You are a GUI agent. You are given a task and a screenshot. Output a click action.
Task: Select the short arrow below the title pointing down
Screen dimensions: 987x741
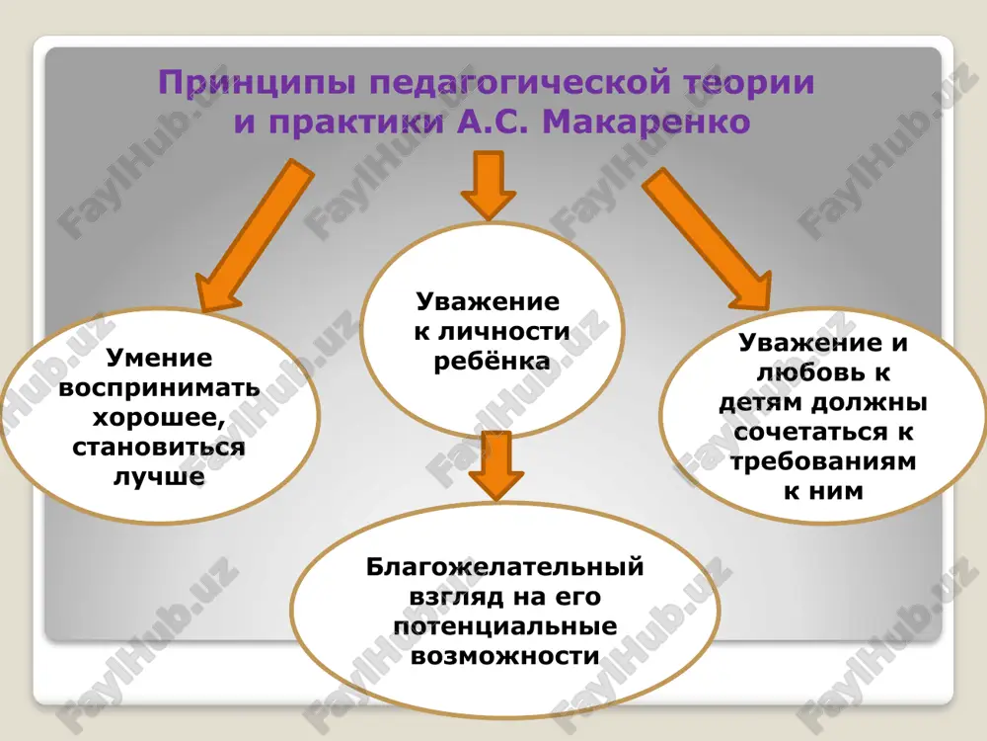(x=489, y=186)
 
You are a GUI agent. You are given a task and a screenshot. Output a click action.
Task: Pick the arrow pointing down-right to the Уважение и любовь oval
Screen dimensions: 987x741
(x=709, y=238)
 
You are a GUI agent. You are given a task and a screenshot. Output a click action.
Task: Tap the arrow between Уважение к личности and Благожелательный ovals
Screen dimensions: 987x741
(x=496, y=466)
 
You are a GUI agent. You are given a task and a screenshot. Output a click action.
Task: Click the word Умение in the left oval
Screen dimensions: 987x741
(x=159, y=359)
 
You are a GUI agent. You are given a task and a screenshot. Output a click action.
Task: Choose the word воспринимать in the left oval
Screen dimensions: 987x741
(x=159, y=387)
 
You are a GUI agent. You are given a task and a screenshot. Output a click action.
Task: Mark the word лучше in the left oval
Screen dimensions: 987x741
(x=159, y=476)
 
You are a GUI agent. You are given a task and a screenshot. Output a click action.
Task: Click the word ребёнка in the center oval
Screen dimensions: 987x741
(x=493, y=362)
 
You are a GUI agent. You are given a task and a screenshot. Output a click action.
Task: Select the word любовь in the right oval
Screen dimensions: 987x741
(x=806, y=372)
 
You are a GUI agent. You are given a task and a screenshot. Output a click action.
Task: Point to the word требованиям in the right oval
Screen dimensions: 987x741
(x=823, y=461)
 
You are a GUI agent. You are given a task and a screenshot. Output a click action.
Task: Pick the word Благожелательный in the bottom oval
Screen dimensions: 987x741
(x=504, y=567)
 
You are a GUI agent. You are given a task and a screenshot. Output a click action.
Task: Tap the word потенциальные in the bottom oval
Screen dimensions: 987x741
(x=504, y=627)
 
